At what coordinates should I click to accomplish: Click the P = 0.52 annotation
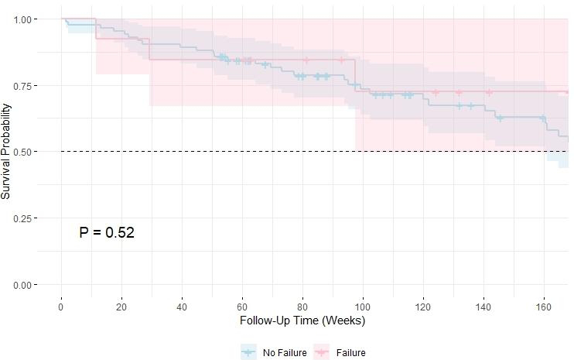107,231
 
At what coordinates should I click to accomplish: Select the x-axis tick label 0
61,307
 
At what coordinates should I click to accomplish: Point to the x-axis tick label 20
121,307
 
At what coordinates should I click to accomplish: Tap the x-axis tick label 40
182,307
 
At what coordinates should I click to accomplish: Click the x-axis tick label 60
242,307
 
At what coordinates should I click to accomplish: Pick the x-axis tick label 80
302,307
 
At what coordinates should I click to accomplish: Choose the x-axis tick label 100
363,307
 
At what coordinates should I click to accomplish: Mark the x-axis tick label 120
423,307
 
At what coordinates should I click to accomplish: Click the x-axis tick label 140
483,307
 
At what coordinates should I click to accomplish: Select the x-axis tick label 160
544,307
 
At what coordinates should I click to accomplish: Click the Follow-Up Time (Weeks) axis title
302,321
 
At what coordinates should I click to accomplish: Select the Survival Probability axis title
7,152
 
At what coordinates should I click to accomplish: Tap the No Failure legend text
285,352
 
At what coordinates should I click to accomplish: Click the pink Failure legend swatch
322,352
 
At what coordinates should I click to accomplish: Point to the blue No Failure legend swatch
248,352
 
